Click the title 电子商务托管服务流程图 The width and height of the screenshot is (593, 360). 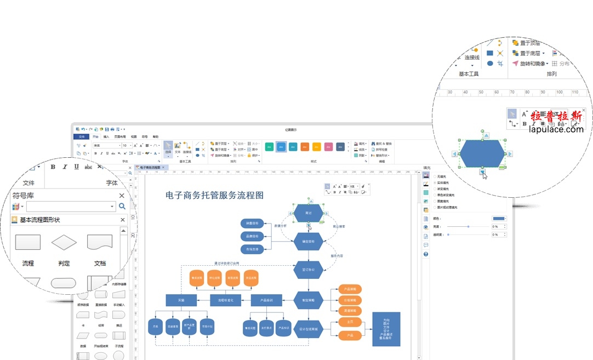click(215, 195)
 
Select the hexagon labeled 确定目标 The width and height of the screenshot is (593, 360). click(308, 241)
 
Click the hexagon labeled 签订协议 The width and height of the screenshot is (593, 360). click(308, 269)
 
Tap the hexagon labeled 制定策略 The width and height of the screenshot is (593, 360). click(308, 300)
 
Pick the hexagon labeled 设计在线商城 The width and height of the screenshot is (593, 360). click(308, 329)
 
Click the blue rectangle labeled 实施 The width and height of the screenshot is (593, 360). click(181, 300)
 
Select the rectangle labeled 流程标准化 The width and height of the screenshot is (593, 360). click(225, 300)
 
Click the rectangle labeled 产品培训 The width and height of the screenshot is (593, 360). click(266, 300)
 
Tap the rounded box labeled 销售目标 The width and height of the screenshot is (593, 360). click(253, 223)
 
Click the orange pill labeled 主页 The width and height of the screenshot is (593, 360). click(350, 322)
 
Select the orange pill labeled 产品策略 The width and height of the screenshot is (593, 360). click(350, 289)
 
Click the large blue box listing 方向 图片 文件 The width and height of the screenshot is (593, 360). click(386, 329)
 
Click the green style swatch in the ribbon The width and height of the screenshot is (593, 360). click(269, 147)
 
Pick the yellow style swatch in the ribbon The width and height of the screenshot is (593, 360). click(316, 147)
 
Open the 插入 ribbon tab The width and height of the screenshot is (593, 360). click(106, 136)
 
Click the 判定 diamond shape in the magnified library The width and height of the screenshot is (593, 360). click(64, 242)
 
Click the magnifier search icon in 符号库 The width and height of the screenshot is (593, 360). click(122, 207)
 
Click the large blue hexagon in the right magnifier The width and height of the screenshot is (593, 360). click(482, 153)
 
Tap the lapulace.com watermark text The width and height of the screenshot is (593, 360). click(556, 129)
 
